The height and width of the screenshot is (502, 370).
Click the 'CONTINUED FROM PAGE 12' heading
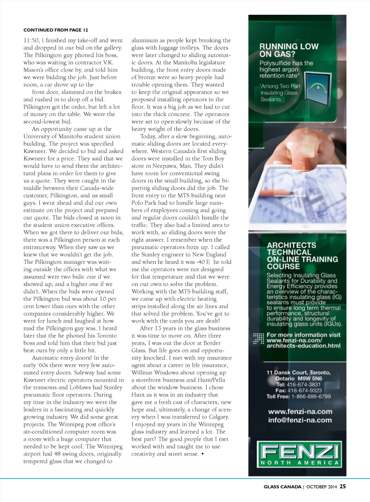point(56,30)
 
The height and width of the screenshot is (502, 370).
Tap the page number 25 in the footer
point(343,486)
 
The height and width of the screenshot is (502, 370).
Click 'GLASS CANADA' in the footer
point(282,487)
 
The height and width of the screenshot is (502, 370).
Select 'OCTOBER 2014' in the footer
point(321,487)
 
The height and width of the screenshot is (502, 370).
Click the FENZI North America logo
point(300,455)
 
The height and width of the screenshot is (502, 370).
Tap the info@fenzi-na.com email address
point(300,420)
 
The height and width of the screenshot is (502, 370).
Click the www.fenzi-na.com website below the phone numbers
point(300,411)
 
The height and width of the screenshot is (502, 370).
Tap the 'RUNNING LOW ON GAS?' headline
point(289,50)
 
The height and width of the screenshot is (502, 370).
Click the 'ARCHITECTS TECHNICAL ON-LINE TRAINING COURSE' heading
point(302,256)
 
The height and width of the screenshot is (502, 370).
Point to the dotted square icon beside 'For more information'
point(259,338)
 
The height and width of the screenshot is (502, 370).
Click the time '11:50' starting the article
point(30,40)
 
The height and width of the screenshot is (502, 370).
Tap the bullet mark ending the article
point(202,454)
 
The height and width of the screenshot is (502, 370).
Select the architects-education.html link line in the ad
point(303,346)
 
